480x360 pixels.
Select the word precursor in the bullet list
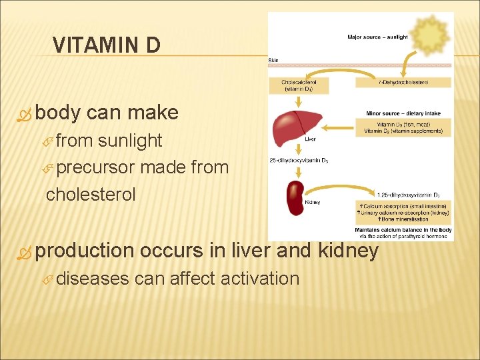pos(95,167)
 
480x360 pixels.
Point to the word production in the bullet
pos(85,250)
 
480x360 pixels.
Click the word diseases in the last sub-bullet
pos(93,278)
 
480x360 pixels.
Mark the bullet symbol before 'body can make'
pos(25,113)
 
